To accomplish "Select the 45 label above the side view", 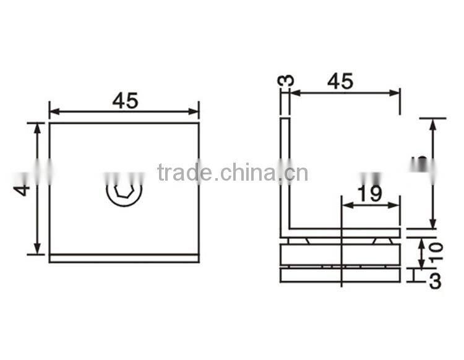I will point(340,81).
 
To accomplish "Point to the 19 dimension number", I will point(369,194).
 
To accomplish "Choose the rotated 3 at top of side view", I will point(286,81).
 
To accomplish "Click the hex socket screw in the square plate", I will point(124,193).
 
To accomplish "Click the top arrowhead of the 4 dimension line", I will point(38,127).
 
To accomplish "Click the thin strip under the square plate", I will point(124,259).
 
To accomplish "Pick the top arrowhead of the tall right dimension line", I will point(432,122).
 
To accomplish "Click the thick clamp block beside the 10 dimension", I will point(340,253).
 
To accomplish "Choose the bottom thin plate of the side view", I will point(340,273).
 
